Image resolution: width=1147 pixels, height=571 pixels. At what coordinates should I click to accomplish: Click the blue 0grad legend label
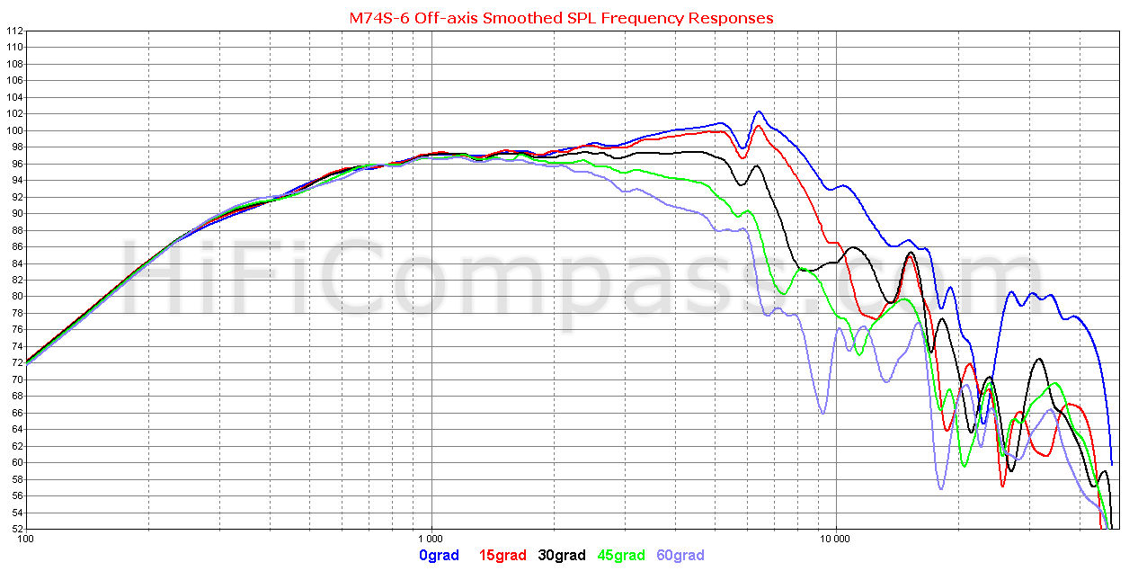click(440, 556)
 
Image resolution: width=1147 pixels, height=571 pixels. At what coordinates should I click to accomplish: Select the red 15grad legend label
click(503, 556)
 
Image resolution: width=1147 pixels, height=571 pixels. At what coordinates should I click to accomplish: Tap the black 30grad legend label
click(562, 556)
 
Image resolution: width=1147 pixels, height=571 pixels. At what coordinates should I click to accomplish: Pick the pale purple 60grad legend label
click(680, 556)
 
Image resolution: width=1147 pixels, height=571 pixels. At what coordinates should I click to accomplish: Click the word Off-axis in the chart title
click(444, 18)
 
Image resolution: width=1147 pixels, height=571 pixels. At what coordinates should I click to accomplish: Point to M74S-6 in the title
click(378, 18)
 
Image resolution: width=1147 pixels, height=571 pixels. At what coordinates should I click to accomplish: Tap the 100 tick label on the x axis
click(27, 540)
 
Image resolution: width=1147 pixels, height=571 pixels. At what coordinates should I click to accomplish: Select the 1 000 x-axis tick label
click(432, 540)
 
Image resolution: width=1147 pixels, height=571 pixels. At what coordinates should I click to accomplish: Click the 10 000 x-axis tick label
click(836, 540)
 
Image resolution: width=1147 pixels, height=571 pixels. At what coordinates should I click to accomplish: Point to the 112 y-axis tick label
click(14, 31)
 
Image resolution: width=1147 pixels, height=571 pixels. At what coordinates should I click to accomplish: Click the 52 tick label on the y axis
click(17, 529)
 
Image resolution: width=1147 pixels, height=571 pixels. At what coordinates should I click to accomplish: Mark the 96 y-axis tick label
click(17, 164)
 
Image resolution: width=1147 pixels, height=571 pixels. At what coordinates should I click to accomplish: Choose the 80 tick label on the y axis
click(17, 296)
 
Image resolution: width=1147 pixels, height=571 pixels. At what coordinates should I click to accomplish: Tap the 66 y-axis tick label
click(17, 413)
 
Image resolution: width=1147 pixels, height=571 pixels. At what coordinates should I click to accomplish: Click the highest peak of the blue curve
click(759, 112)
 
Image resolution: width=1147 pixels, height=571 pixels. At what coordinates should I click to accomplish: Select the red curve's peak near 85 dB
click(911, 257)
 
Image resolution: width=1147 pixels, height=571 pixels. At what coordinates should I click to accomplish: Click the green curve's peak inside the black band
click(803, 268)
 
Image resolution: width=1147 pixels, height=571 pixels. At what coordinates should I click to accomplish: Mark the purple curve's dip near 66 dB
click(822, 413)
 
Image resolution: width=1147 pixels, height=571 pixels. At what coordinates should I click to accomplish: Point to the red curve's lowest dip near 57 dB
click(1002, 486)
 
